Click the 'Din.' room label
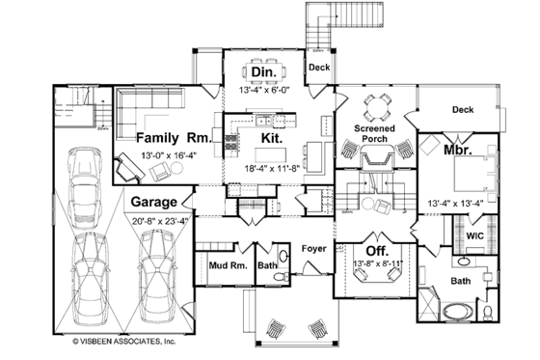[x=263, y=73]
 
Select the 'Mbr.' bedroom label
[x=456, y=152]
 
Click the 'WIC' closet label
[x=474, y=235]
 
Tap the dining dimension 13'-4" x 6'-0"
[x=263, y=90]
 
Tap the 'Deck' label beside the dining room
[x=319, y=68]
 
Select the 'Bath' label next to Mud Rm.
[x=267, y=262]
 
